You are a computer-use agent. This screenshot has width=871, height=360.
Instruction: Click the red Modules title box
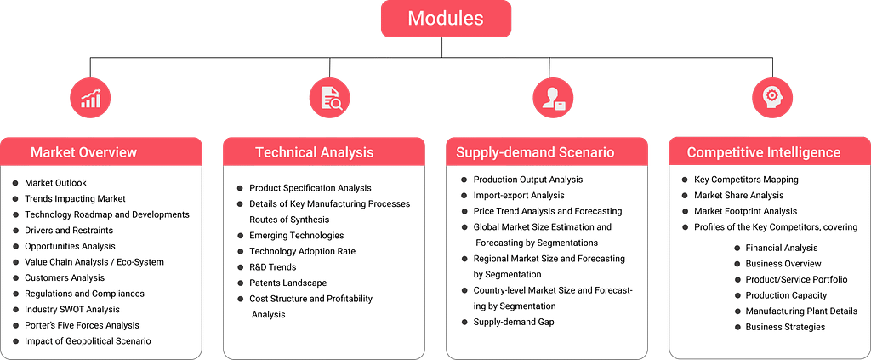(x=446, y=19)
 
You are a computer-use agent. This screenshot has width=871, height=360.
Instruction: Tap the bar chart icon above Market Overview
(x=90, y=98)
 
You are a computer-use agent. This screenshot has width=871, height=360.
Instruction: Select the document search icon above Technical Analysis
(x=329, y=98)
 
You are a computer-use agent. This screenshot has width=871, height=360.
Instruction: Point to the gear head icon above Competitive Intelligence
(x=772, y=98)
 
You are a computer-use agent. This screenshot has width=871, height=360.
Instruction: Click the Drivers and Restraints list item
(x=69, y=230)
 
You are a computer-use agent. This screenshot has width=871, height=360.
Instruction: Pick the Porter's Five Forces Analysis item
(x=83, y=325)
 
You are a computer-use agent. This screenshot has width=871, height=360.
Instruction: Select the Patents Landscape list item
(x=287, y=283)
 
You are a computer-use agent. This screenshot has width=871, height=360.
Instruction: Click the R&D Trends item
(x=273, y=267)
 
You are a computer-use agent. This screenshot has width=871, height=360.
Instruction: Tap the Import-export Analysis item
(x=519, y=195)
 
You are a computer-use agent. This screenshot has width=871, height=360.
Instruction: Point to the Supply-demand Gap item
(x=514, y=322)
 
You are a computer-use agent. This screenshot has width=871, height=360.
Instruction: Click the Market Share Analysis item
(x=739, y=195)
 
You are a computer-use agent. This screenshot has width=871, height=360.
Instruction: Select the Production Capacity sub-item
(x=786, y=295)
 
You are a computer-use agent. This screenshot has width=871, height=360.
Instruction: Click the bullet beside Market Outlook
(x=14, y=183)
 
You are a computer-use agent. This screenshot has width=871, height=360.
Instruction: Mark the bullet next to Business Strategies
(x=737, y=327)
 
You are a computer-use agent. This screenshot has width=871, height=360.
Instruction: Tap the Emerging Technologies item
(x=297, y=236)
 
